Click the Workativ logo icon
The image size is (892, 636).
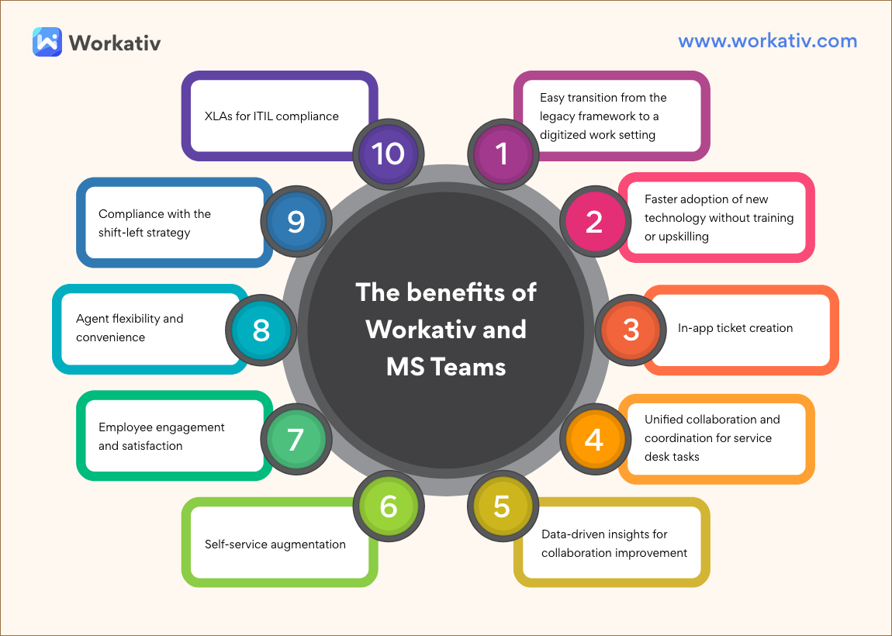coord(47,42)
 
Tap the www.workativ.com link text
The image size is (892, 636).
coord(767,41)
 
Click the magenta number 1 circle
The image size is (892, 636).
coord(502,153)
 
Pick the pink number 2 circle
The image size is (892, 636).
coord(593,221)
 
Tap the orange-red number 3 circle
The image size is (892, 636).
coord(631,329)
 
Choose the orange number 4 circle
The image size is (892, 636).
coord(593,440)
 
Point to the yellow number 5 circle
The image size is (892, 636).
coord(502,506)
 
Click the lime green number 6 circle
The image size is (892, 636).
coord(389,506)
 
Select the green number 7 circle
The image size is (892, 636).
coord(296,440)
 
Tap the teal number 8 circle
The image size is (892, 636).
coord(261,330)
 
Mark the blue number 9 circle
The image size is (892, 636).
coord(296,221)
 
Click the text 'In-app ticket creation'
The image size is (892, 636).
coord(735,328)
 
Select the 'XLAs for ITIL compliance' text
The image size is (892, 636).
coord(271,116)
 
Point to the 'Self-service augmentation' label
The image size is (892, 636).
coord(275,544)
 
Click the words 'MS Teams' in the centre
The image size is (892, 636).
coord(446,366)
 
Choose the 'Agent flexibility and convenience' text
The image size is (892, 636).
coord(130,327)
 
